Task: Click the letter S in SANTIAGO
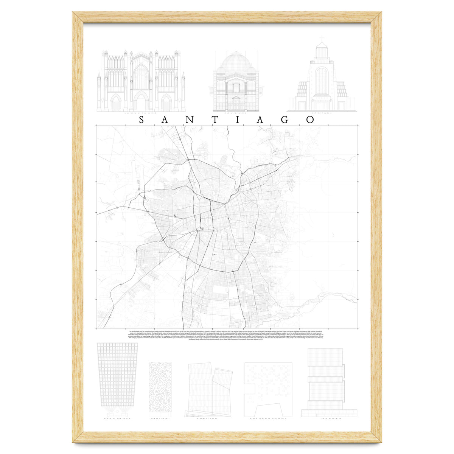(141, 120)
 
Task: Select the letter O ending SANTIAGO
(310, 120)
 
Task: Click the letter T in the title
(213, 120)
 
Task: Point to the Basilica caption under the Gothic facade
(141, 113)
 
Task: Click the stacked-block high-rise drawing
(326, 382)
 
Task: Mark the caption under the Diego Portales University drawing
(268, 418)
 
